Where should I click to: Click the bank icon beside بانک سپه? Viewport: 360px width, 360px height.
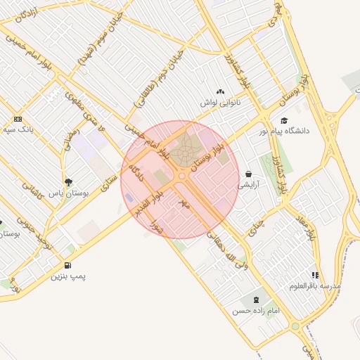[x=18, y=119]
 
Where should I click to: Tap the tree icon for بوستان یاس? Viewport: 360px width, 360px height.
[x=68, y=183]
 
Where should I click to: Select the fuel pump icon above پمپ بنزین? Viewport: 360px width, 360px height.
[x=67, y=265]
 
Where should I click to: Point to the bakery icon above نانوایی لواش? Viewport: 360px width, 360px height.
[x=220, y=92]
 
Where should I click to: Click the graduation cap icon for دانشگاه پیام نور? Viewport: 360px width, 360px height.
[x=284, y=120]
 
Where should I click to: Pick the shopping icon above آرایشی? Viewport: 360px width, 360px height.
[x=249, y=174]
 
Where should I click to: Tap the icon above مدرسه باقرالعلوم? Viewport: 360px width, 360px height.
[x=315, y=275]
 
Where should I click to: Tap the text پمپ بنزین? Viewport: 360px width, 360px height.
[x=67, y=276]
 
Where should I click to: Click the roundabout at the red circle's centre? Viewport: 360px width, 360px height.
[x=182, y=176]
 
